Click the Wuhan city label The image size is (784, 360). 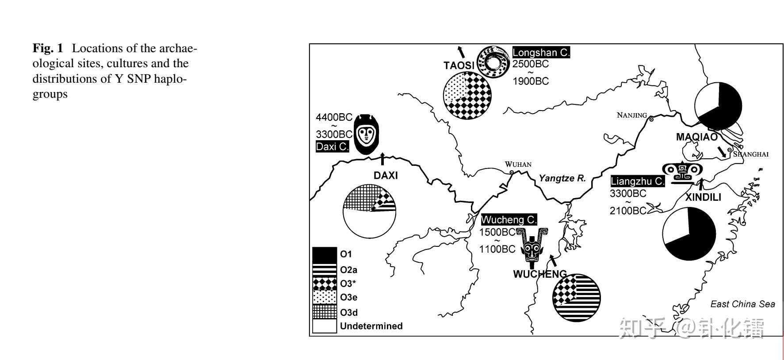tap(518, 164)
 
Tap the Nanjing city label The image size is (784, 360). tap(631, 115)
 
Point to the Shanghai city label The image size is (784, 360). tap(751, 154)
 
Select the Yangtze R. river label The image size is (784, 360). tap(562, 178)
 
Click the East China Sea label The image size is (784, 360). tap(742, 304)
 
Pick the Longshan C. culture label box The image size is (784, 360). tap(541, 52)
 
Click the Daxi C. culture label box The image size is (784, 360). tap(333, 146)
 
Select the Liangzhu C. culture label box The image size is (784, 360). tap(637, 181)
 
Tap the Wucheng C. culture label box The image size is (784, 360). tap(509, 219)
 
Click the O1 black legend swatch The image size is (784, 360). tap(325, 254)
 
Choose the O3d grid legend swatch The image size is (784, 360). tap(325, 312)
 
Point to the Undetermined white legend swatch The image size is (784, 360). tap(325, 326)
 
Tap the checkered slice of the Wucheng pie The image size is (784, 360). tap(563, 287)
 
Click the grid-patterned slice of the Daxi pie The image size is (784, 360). tap(358, 197)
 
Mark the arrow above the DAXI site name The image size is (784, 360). tap(382, 158)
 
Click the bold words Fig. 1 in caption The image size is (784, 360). tap(48, 48)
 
